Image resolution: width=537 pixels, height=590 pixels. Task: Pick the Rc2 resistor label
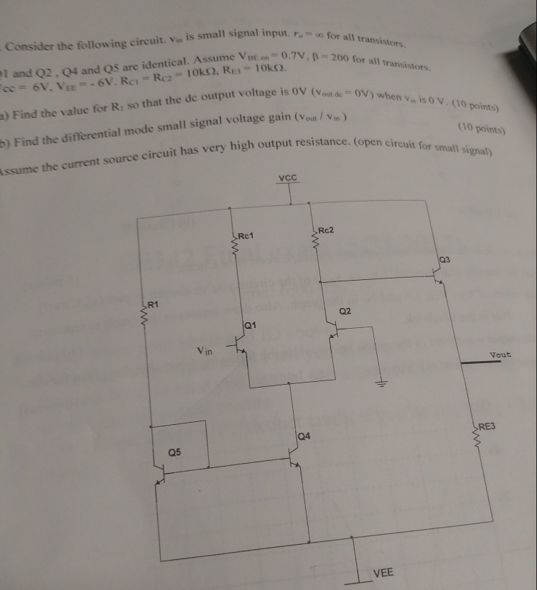click(327, 230)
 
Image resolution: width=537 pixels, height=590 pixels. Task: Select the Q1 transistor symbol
click(243, 349)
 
